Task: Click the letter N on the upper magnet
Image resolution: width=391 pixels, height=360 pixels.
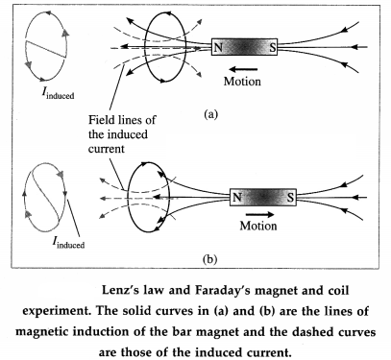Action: click(218, 48)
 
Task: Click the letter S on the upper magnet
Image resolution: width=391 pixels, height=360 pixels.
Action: click(272, 48)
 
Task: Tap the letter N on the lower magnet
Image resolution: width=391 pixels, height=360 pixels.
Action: click(236, 198)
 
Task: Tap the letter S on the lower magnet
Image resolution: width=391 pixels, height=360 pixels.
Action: click(290, 198)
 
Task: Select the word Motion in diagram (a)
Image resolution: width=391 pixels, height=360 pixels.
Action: click(242, 82)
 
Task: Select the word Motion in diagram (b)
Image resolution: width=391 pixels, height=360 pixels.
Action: click(258, 226)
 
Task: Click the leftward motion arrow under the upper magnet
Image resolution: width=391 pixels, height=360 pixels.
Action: click(243, 69)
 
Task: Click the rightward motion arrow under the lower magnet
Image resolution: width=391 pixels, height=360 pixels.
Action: click(259, 214)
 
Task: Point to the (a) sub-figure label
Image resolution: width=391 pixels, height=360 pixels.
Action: click(210, 114)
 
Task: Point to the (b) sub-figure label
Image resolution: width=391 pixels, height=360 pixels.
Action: click(210, 258)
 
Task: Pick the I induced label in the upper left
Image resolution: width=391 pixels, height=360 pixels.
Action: click(58, 93)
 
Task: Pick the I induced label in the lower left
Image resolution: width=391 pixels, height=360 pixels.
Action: click(68, 243)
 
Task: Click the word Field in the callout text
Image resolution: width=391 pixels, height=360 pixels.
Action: click(100, 120)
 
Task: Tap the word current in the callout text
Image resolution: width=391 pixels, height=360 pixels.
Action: click(106, 149)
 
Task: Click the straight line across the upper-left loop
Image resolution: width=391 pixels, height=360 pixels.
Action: click(46, 49)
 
